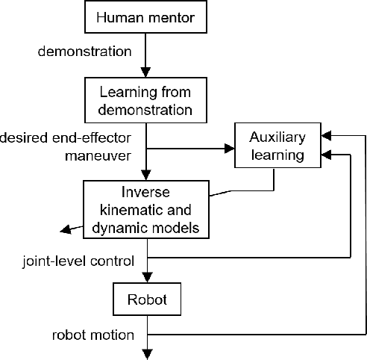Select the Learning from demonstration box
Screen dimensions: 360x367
coord(146,102)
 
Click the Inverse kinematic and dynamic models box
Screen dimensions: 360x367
coord(146,209)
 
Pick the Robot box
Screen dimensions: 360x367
coord(146,300)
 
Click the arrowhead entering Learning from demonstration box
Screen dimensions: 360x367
coord(146,76)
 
